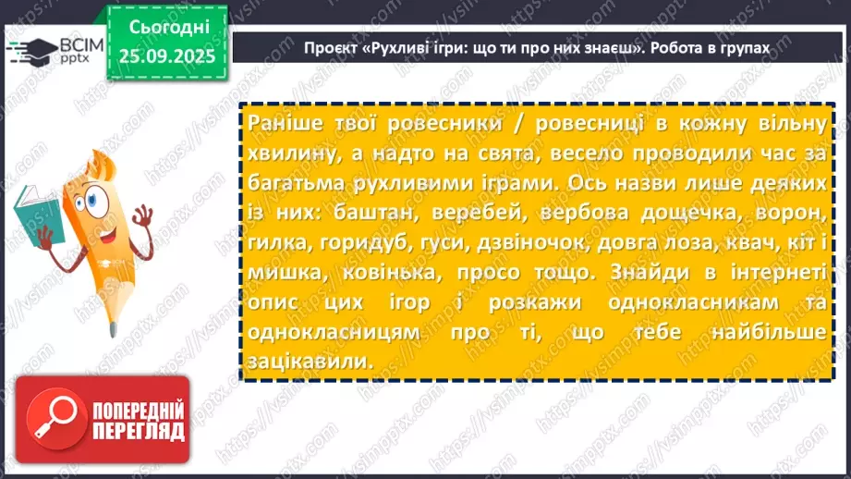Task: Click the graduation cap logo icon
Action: click(27, 50)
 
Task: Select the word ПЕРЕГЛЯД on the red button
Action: click(138, 431)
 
